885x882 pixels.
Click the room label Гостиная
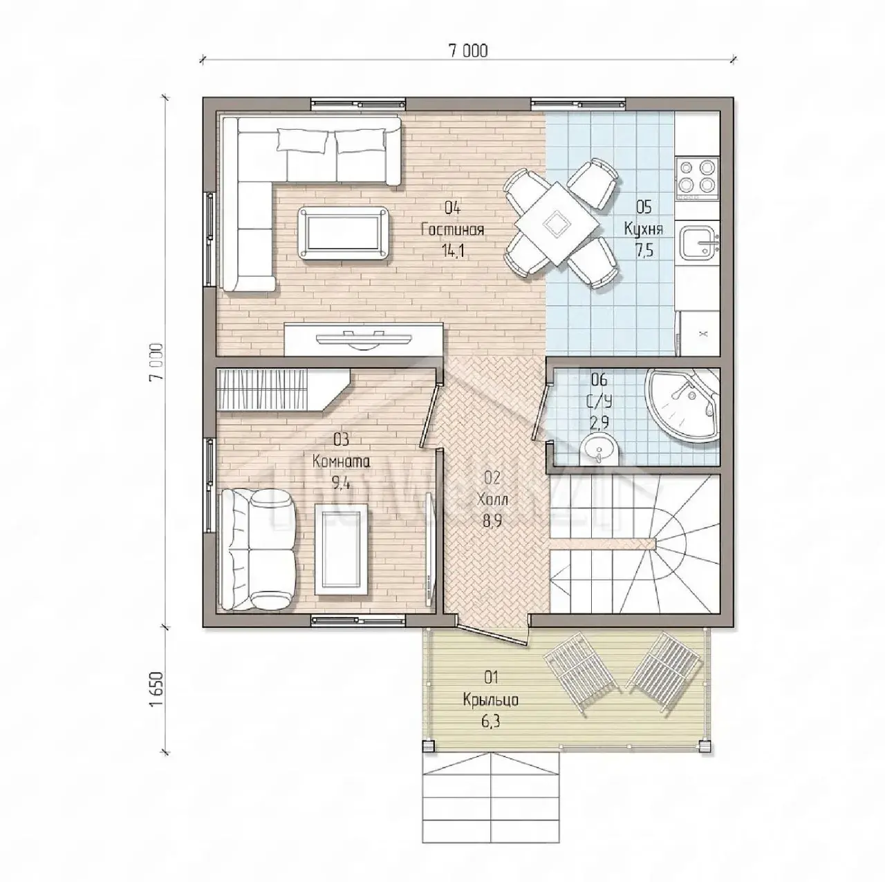[x=452, y=229]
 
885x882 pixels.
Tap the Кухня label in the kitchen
[x=644, y=229]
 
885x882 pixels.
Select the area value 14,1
[x=453, y=251]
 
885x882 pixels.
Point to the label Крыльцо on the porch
[x=490, y=700]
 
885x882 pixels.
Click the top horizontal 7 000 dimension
[x=468, y=51]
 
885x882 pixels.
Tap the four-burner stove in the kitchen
[x=697, y=178]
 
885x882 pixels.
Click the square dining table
[x=557, y=223]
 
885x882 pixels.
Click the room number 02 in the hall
[x=492, y=478]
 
